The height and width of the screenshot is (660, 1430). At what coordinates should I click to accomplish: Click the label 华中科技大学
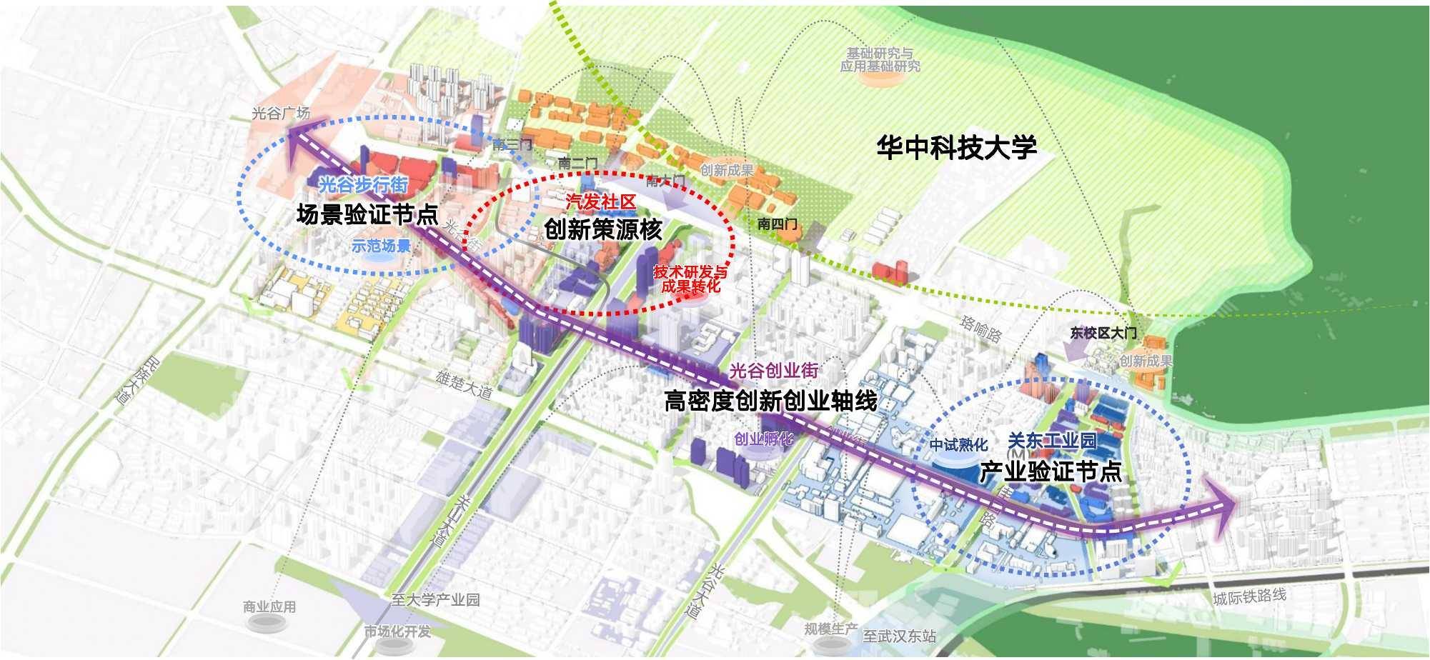click(x=956, y=147)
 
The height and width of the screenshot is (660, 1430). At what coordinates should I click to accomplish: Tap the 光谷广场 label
click(x=281, y=113)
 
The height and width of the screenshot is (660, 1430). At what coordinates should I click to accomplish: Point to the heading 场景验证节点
click(x=367, y=214)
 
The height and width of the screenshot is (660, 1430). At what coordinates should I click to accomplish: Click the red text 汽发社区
click(x=600, y=202)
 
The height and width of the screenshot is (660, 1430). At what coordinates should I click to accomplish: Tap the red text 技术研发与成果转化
click(x=690, y=279)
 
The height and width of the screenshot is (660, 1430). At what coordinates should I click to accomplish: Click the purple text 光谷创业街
click(x=773, y=371)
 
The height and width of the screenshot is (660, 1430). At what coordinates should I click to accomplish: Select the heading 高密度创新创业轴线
click(x=770, y=401)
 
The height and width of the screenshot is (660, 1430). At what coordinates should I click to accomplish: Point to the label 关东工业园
click(x=1051, y=441)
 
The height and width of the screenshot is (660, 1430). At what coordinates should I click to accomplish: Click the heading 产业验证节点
click(x=1050, y=471)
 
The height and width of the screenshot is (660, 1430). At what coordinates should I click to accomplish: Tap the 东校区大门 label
click(x=1103, y=333)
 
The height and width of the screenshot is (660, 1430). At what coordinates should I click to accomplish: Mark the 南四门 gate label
click(x=778, y=224)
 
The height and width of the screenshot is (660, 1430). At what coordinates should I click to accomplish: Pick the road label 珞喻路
click(x=980, y=329)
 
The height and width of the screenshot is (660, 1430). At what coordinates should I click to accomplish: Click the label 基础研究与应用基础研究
click(x=880, y=60)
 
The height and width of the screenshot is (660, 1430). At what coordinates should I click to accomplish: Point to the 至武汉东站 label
click(x=899, y=636)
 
